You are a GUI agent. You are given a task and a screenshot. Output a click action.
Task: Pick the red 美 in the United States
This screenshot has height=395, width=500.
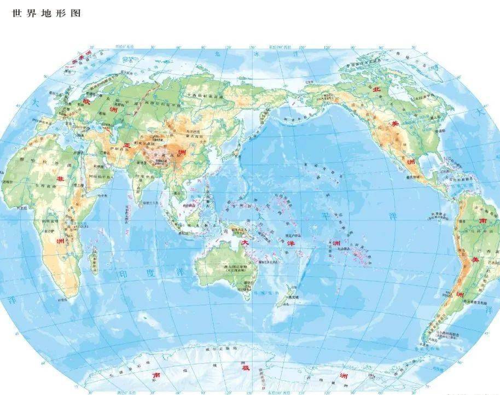(394, 124)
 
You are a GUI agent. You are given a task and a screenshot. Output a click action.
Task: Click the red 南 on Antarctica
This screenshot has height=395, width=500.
(156, 376)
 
